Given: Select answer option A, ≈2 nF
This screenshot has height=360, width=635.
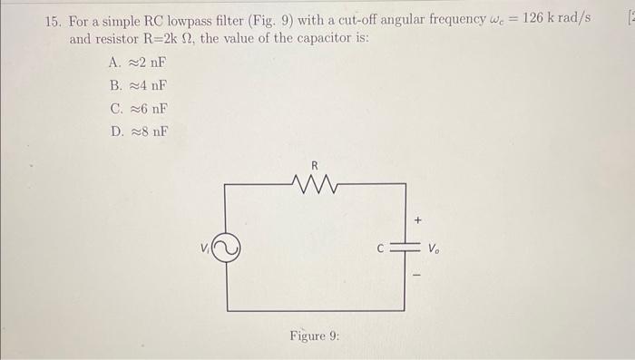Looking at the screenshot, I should click(137, 63).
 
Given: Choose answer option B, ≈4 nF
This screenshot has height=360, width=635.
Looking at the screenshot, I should click(137, 85).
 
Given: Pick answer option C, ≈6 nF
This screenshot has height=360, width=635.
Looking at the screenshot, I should click(137, 108).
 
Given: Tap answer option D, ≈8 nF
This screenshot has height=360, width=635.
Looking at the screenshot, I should click(137, 131).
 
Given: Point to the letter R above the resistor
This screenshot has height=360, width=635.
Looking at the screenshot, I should click(314, 165).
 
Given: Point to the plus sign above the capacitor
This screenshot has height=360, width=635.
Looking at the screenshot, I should click(418, 219).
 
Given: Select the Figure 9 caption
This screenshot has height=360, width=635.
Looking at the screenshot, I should click(314, 336).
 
